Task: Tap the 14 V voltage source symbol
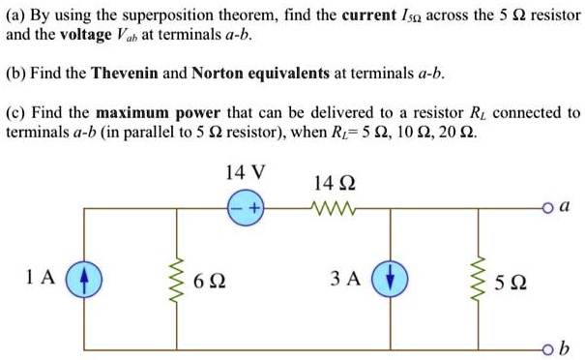245,208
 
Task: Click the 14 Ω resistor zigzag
334,208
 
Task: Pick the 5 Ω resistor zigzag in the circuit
478,280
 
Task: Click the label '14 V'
245,174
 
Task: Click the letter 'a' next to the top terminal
565,206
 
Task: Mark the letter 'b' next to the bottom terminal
565,347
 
